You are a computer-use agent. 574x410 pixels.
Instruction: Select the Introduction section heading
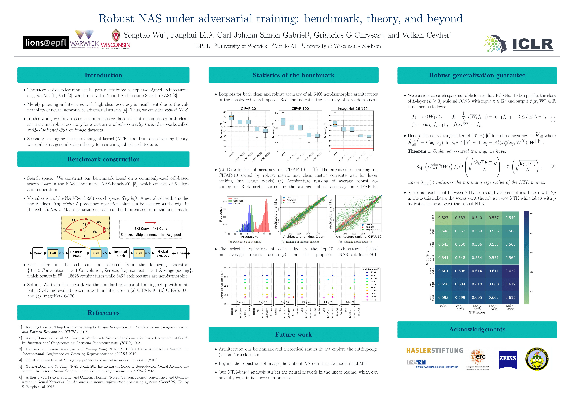(103, 75)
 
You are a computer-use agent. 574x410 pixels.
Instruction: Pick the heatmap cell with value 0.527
(443, 218)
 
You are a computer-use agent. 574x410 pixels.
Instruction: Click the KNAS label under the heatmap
(443, 307)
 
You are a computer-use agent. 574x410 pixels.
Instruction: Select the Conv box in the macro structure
(38, 253)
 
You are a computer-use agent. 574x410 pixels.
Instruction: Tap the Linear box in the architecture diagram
(181, 253)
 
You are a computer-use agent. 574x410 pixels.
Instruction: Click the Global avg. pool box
(163, 253)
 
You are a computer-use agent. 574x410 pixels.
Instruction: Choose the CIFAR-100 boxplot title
(300, 109)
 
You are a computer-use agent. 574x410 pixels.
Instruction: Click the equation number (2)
(553, 167)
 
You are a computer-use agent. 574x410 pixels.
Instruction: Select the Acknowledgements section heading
(477, 329)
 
